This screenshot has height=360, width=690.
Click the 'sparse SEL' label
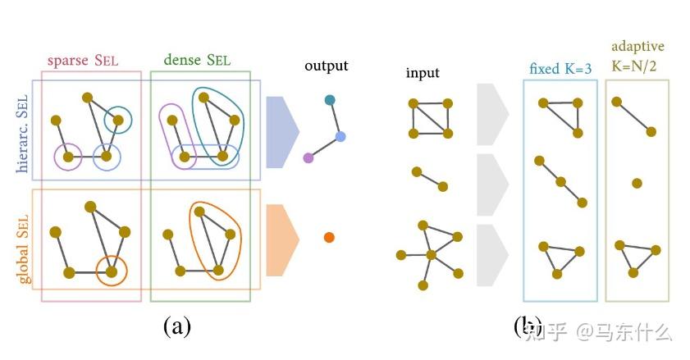pos(90,61)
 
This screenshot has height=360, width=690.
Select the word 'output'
pos(326,66)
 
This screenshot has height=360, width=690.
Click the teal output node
pos(330,100)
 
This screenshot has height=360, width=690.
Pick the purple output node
pos(308,157)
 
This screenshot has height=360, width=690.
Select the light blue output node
pos(340,136)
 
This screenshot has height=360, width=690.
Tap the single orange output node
pos(329,238)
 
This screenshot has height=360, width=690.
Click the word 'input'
pos(423,73)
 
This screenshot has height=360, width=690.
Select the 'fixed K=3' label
pos(560,69)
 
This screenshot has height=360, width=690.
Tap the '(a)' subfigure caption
pos(177,326)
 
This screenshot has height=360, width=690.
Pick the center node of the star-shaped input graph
pos(431,254)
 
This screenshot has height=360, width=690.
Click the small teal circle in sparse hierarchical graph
pos(119,121)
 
